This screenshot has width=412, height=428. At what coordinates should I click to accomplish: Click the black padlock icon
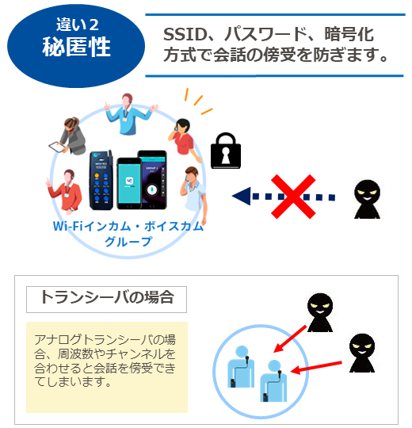[x=226, y=151]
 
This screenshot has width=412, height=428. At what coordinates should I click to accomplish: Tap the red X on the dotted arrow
[x=293, y=197]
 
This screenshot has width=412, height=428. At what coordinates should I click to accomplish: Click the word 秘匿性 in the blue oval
[x=76, y=47]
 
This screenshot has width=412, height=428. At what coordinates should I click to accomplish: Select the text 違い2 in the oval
[x=78, y=25]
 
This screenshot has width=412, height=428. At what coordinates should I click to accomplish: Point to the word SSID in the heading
[x=185, y=35]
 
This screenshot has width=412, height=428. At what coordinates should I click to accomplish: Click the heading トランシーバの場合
[x=107, y=297]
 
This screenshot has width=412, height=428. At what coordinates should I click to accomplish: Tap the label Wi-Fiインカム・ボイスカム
[x=128, y=226]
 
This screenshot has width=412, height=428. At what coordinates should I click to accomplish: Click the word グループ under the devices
[x=128, y=241]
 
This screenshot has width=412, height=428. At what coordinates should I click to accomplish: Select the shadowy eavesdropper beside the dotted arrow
[x=367, y=199]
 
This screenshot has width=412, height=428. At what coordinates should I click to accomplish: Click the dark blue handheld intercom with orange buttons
[x=101, y=180]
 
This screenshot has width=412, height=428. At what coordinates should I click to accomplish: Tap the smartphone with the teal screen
[x=129, y=183]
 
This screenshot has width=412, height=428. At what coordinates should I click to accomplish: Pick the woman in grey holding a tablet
[x=68, y=136]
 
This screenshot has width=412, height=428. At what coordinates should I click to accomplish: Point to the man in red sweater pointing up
[x=66, y=190]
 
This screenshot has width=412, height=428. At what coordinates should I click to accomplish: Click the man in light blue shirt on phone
[x=193, y=193]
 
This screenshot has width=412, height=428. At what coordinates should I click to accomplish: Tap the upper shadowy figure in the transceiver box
[x=320, y=312]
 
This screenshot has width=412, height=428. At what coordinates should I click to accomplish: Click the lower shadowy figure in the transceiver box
[x=362, y=353]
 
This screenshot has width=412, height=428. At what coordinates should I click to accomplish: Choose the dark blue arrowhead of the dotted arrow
[x=242, y=196]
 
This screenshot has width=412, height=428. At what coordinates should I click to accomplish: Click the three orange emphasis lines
[x=198, y=101]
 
